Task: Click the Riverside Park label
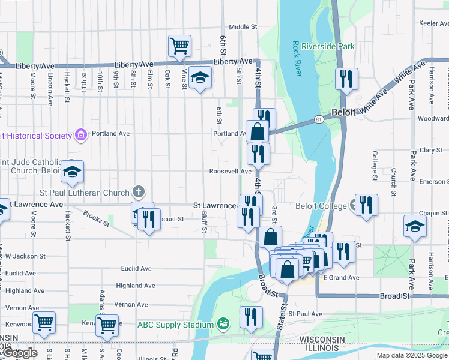click(x=328, y=46)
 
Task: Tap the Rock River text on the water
click(x=295, y=58)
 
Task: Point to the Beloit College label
click(x=321, y=206)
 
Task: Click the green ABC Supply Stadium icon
click(x=223, y=325)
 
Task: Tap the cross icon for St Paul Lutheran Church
click(x=138, y=193)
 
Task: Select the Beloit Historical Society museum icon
click(x=81, y=135)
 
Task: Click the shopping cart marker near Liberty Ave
click(x=179, y=46)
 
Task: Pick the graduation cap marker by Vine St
click(x=200, y=77)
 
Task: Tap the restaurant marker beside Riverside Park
click(x=346, y=78)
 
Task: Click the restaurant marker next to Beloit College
click(x=366, y=205)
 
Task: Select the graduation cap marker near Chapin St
click(x=414, y=226)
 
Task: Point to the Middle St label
click(x=243, y=27)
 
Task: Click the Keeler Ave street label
click(x=434, y=23)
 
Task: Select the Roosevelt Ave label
click(x=230, y=171)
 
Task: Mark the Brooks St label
click(x=96, y=218)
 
